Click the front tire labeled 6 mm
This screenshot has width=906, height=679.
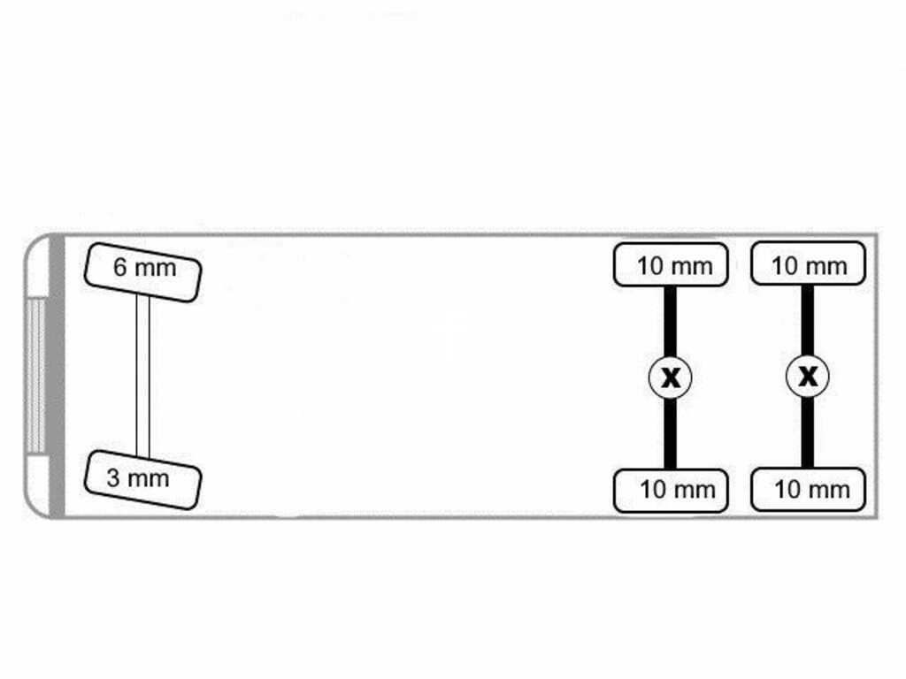click(142, 272)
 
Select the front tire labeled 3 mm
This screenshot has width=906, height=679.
click(142, 480)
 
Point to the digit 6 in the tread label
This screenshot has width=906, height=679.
click(119, 267)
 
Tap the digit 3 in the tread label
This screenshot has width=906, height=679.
click(113, 477)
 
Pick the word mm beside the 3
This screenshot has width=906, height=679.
click(149, 479)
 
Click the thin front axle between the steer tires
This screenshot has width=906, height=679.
click(142, 376)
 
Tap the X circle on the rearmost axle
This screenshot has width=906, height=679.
click(808, 377)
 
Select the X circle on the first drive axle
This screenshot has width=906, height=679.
click(671, 377)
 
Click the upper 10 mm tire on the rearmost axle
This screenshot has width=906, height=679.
click(808, 263)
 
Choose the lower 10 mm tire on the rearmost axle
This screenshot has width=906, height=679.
click(808, 490)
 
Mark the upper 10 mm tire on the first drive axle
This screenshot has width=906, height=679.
click(671, 264)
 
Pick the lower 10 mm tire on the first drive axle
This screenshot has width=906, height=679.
click(671, 491)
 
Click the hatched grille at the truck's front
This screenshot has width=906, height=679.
click(35, 376)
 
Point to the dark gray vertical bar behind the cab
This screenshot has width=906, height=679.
click(58, 376)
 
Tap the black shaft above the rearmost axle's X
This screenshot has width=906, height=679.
click(808, 320)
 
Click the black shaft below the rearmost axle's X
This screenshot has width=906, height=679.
click(808, 433)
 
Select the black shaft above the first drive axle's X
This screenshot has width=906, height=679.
click(671, 321)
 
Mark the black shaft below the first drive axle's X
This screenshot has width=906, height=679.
click(671, 433)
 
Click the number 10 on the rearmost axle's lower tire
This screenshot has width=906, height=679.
click(786, 489)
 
